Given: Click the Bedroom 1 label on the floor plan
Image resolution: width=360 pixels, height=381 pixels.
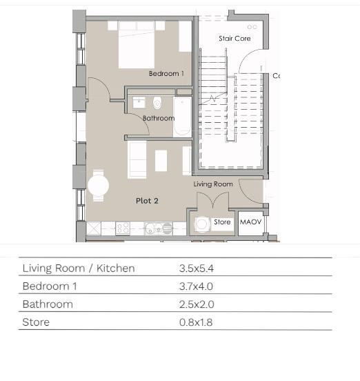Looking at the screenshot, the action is (166, 73).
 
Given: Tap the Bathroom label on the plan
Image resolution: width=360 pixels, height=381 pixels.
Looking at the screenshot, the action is (159, 118).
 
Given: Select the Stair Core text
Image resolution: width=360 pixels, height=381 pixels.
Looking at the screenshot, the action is (234, 39).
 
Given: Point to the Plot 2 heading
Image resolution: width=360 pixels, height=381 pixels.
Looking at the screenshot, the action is (147, 201).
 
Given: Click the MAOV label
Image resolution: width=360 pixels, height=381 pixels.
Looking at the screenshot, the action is (251, 222).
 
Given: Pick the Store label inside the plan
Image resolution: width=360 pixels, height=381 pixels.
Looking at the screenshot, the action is (222, 222).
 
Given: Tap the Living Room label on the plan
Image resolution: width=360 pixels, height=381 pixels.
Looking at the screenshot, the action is (213, 184).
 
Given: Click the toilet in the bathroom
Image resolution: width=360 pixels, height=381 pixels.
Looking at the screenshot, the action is (157, 104).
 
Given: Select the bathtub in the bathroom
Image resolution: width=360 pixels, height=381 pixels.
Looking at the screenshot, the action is (182, 117).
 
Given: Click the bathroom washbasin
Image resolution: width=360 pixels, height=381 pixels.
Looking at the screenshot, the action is (139, 103).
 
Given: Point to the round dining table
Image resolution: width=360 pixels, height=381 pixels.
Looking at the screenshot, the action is (99, 186).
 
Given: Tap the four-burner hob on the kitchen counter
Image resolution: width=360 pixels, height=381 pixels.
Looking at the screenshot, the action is (123, 228).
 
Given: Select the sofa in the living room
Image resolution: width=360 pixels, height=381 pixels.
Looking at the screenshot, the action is (137, 160).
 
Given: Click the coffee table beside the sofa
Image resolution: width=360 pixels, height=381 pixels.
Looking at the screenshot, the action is (161, 161).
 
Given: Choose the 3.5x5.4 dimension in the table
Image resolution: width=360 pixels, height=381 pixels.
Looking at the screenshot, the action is (197, 268).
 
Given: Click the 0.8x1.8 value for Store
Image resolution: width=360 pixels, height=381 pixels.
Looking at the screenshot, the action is (196, 322).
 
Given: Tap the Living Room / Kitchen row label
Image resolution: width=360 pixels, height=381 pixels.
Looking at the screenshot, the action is (79, 268).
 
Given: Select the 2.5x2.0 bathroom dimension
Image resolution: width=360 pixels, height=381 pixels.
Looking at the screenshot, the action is (197, 304).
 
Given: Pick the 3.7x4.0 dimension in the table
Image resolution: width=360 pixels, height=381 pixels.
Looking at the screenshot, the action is (196, 286).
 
